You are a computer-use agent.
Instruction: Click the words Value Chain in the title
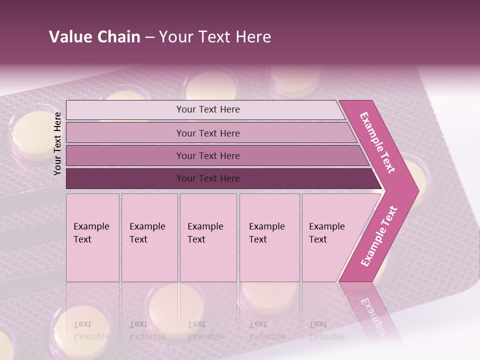point(94,37)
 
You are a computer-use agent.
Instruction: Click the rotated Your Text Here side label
point(57,143)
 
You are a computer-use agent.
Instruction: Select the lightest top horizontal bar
point(207,109)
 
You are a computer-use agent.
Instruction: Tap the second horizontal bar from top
point(207,133)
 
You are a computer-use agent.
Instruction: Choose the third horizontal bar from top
point(207,155)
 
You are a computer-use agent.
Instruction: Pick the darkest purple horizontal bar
point(207,178)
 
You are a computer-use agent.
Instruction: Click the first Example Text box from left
point(92,237)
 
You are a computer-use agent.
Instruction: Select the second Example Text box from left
point(149,237)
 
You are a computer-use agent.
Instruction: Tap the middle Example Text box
point(208,237)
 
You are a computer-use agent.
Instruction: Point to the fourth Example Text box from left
point(269,237)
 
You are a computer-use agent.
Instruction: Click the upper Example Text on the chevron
point(377,142)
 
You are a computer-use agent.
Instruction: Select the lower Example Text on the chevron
point(378,236)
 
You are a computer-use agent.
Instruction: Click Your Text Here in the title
point(215,37)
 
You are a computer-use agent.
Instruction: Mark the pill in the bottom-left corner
point(5,345)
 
